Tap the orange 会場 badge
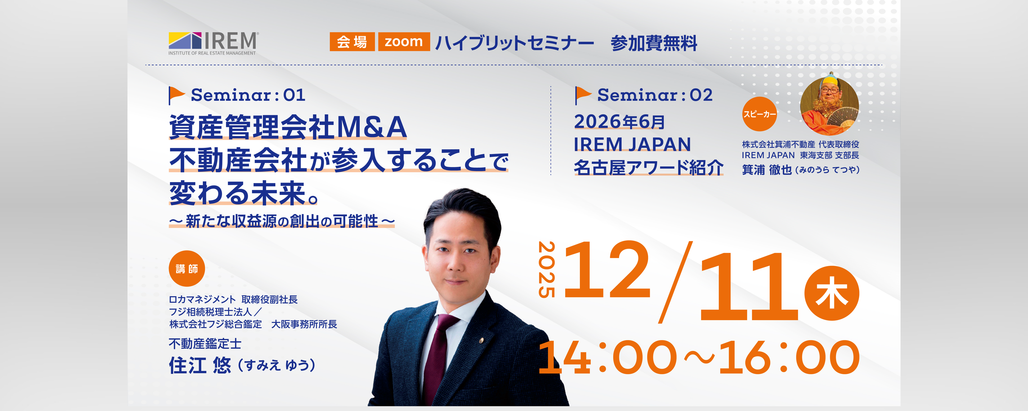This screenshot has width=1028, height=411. pos(352,41)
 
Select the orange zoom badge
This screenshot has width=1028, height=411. pos(404,41)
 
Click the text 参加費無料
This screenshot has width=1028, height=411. pos(654,43)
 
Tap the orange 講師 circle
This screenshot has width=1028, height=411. pos(187,269)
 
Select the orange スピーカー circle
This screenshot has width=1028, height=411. pos(759,114)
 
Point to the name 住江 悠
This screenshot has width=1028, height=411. pos(200,365)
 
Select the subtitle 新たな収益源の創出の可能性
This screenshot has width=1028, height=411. pos(282,221)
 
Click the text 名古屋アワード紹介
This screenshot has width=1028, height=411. pos(649,167)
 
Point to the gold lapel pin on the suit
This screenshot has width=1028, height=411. pos(481,340)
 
